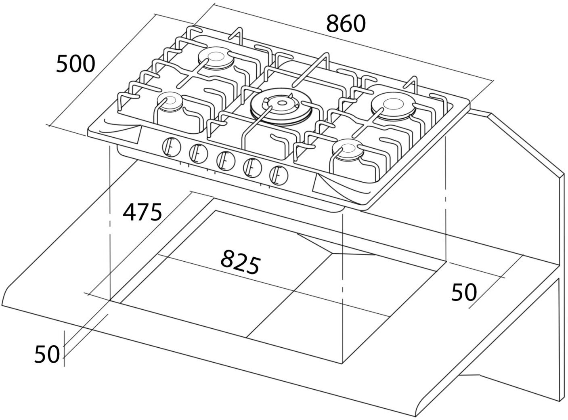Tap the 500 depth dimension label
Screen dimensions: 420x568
75,64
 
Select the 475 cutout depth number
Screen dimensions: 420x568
143,212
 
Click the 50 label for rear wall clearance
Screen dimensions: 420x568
464,292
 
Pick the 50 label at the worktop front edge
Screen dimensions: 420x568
47,354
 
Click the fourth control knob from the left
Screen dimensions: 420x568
252,167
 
